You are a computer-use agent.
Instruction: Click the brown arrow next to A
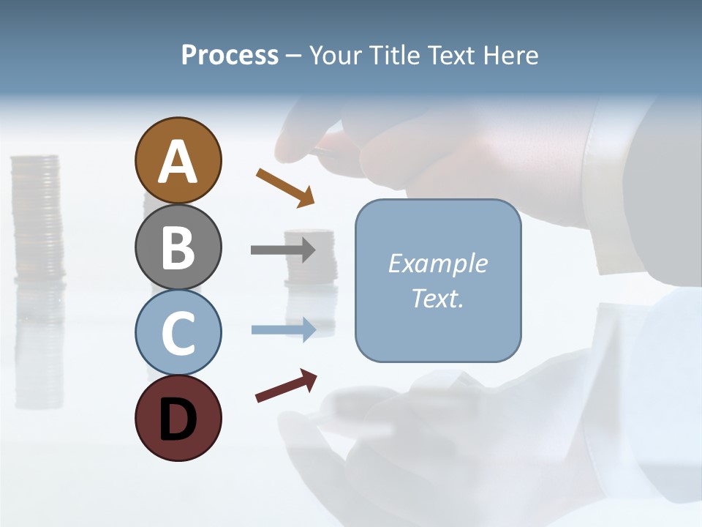pos(285,186)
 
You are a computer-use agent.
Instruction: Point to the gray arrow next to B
pos(283,250)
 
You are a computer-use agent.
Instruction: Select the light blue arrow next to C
pos(283,330)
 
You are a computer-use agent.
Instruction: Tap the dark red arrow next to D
pos(286,386)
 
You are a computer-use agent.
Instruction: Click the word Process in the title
pos(230,56)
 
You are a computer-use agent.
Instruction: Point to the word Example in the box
pos(437,263)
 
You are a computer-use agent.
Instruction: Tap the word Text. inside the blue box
pos(437,298)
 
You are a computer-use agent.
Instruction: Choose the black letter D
pos(178,419)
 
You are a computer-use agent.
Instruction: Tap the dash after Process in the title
pos(294,56)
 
